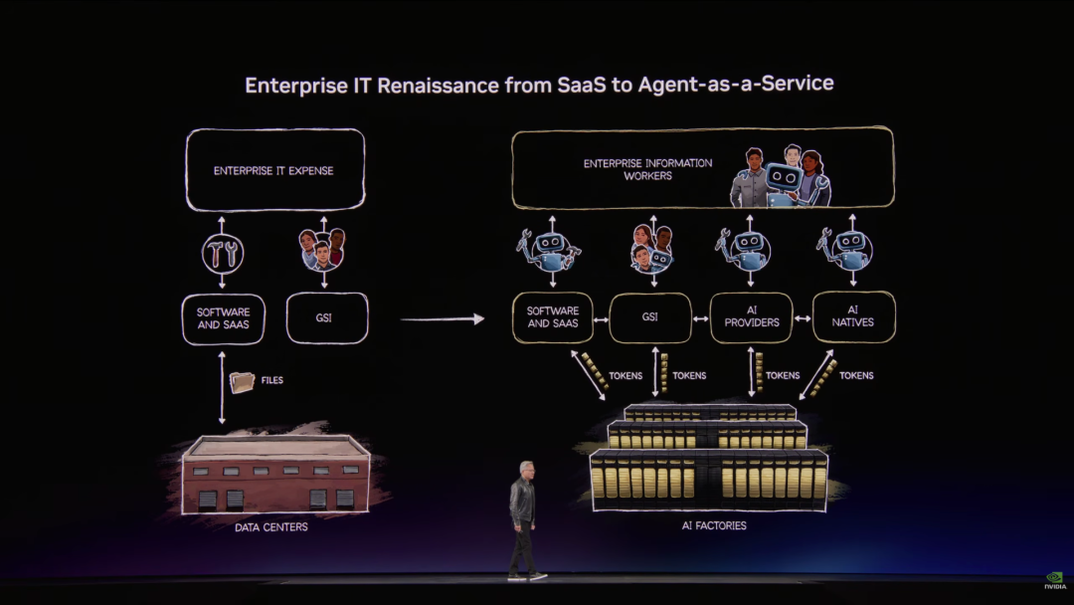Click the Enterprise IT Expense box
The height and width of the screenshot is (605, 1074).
[x=273, y=170]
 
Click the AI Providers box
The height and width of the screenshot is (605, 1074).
[x=751, y=317]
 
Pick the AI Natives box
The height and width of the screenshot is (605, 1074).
[x=853, y=317]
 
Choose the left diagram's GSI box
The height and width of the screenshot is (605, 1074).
[x=326, y=318]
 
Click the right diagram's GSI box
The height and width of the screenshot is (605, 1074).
[x=649, y=317]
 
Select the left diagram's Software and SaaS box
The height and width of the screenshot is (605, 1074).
[x=223, y=318]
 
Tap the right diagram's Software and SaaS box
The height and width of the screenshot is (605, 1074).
[x=552, y=317]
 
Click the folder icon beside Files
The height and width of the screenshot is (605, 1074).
[x=242, y=382]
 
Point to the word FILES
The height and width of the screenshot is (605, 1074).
[x=271, y=380]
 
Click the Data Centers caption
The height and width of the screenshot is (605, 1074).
[x=270, y=527]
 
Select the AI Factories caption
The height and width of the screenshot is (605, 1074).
[x=708, y=525]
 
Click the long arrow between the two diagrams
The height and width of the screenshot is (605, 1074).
[x=442, y=319]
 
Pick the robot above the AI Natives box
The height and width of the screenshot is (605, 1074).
[x=848, y=248]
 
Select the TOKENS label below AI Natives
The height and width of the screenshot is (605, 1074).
[x=855, y=375]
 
